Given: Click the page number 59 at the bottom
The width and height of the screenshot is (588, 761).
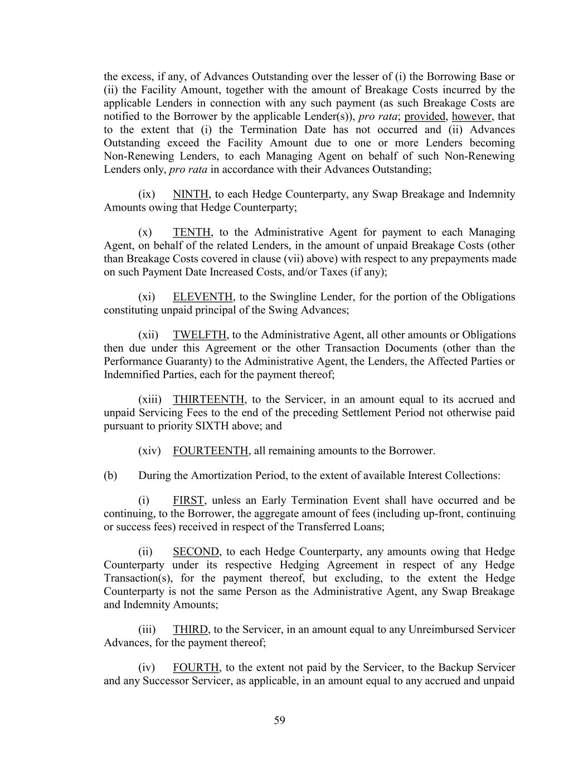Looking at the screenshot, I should point(279,720).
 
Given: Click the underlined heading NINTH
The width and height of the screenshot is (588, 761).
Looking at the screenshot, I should point(191,195).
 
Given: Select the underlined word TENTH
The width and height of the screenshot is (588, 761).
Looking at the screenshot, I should point(192,232).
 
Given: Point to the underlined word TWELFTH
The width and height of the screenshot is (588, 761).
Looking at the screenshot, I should point(200,335).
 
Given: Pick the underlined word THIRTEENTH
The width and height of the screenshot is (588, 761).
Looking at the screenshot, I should point(208,400).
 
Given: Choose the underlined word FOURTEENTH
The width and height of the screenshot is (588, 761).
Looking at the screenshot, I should point(211,450).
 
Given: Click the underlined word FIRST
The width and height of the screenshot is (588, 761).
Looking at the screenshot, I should point(189,501).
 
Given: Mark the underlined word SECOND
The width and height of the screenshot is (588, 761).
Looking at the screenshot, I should point(196,552).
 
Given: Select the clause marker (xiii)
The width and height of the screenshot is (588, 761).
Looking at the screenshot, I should point(150,400).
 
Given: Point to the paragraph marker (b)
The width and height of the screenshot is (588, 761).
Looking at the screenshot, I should point(110,476).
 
